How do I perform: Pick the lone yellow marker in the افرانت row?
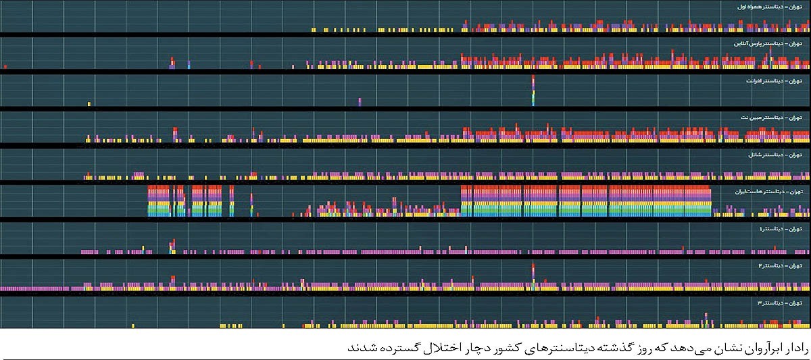89,103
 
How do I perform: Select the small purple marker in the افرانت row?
360,102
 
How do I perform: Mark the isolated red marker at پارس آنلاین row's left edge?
5,67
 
